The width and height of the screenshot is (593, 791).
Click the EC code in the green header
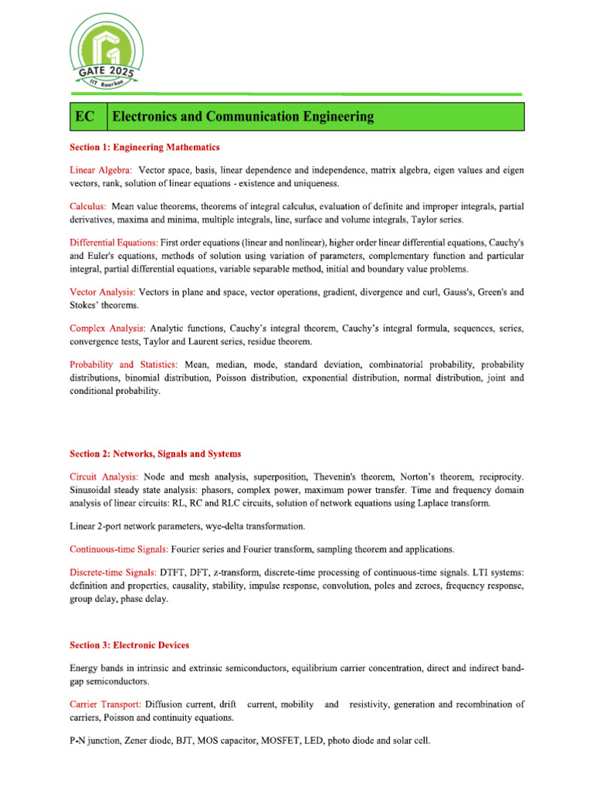(85, 117)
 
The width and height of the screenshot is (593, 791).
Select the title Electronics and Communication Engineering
(243, 117)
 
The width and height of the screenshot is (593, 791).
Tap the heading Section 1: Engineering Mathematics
(144, 147)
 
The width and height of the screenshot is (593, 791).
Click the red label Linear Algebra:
(100, 169)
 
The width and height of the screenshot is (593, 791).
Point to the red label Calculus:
(88, 206)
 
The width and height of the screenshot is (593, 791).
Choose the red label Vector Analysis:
(103, 292)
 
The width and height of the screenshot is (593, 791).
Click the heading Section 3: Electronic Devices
(129, 645)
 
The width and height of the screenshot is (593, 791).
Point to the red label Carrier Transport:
(105, 704)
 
